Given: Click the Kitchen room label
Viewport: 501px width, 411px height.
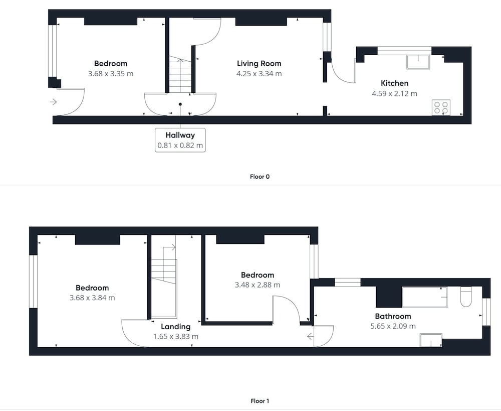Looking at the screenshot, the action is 394,83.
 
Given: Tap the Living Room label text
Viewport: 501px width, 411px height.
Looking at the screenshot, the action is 259,63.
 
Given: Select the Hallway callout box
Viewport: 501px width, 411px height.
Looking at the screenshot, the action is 180,140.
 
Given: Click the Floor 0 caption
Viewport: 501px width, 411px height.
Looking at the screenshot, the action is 260,176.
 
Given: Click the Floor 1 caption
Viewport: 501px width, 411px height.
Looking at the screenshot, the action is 260,401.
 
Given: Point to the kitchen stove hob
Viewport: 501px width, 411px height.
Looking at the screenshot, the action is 441,107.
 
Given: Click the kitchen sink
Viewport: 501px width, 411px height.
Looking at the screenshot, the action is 418,62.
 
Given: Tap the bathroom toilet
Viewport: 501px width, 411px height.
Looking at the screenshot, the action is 466,297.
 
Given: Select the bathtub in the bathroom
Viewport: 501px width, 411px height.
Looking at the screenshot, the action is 424,298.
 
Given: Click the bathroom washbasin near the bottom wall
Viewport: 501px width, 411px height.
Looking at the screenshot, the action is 431,340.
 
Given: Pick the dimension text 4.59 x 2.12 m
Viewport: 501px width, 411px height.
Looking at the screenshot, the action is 394,94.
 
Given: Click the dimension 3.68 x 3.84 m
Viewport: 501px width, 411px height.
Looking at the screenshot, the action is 92,298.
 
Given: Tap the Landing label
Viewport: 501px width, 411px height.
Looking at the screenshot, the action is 175,327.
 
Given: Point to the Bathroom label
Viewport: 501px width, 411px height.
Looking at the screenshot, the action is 393,316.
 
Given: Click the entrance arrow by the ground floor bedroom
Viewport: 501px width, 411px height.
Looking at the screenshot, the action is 54,102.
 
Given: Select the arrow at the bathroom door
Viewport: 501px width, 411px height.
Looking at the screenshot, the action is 310,336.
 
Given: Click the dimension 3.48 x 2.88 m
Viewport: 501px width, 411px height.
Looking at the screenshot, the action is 258,285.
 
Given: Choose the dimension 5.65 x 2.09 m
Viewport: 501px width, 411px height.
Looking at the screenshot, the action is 393,326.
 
